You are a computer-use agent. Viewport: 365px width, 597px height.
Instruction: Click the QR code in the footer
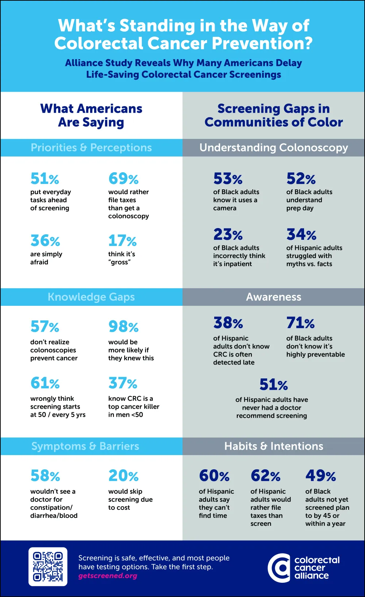pos(48,566)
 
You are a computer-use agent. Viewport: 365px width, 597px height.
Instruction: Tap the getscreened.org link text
pos(108,576)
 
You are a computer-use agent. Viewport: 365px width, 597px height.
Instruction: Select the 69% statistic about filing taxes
pos(123,179)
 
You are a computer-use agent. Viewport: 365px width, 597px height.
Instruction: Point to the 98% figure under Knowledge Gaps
pos(123,327)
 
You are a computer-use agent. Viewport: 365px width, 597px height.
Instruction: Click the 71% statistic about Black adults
pos(300,323)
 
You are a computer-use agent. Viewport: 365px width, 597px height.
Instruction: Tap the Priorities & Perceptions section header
pos(91,147)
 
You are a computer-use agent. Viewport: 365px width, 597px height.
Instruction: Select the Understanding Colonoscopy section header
pos(274,147)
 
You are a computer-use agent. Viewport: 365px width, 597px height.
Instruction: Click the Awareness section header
pos(274,297)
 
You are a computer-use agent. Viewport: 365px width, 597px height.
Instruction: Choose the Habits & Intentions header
pos(274,446)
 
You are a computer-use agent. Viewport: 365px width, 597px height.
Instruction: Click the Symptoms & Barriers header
pos(85,446)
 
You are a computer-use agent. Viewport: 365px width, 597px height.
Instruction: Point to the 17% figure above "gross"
pos(122,241)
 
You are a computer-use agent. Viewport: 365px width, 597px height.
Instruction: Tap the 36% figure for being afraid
pos(45,241)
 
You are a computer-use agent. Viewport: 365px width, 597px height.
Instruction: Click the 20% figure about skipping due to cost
pos(123,476)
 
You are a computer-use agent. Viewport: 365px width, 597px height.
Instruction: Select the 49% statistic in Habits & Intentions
pos(320,476)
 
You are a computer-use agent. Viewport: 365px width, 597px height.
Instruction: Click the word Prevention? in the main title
pos(262,43)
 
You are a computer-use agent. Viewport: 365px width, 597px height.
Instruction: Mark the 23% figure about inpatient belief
pos(228,235)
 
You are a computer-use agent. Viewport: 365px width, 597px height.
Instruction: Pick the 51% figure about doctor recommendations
pos(273,385)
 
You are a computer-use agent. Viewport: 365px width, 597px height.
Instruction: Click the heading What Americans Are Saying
pos(91,115)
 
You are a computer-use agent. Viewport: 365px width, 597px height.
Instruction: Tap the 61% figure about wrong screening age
pos(45,383)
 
